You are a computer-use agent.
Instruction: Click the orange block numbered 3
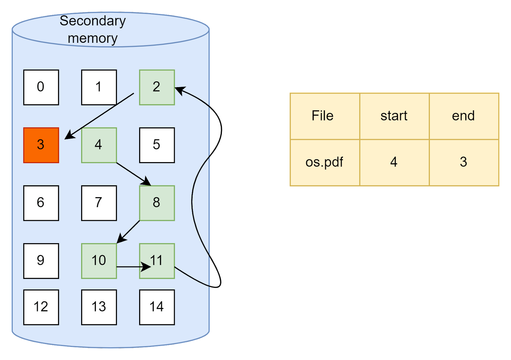coord(41,145)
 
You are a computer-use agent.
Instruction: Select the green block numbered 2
coord(157,87)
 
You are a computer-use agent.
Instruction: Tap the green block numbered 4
coord(99,145)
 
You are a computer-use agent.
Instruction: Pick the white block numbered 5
coord(157,145)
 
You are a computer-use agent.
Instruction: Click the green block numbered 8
coord(157,203)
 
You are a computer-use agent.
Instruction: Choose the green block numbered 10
coord(99,261)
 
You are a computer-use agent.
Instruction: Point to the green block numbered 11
coord(157,261)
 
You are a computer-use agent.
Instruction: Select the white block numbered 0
coord(41,87)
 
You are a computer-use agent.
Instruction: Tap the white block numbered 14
coord(157,307)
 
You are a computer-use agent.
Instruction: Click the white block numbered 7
coord(99,203)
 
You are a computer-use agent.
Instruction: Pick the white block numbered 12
coord(41,307)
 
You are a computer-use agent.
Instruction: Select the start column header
coord(394,116)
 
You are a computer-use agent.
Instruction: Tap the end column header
coord(464,116)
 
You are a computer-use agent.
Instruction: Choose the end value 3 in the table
coord(464,162)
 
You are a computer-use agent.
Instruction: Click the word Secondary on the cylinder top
coord(93,21)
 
